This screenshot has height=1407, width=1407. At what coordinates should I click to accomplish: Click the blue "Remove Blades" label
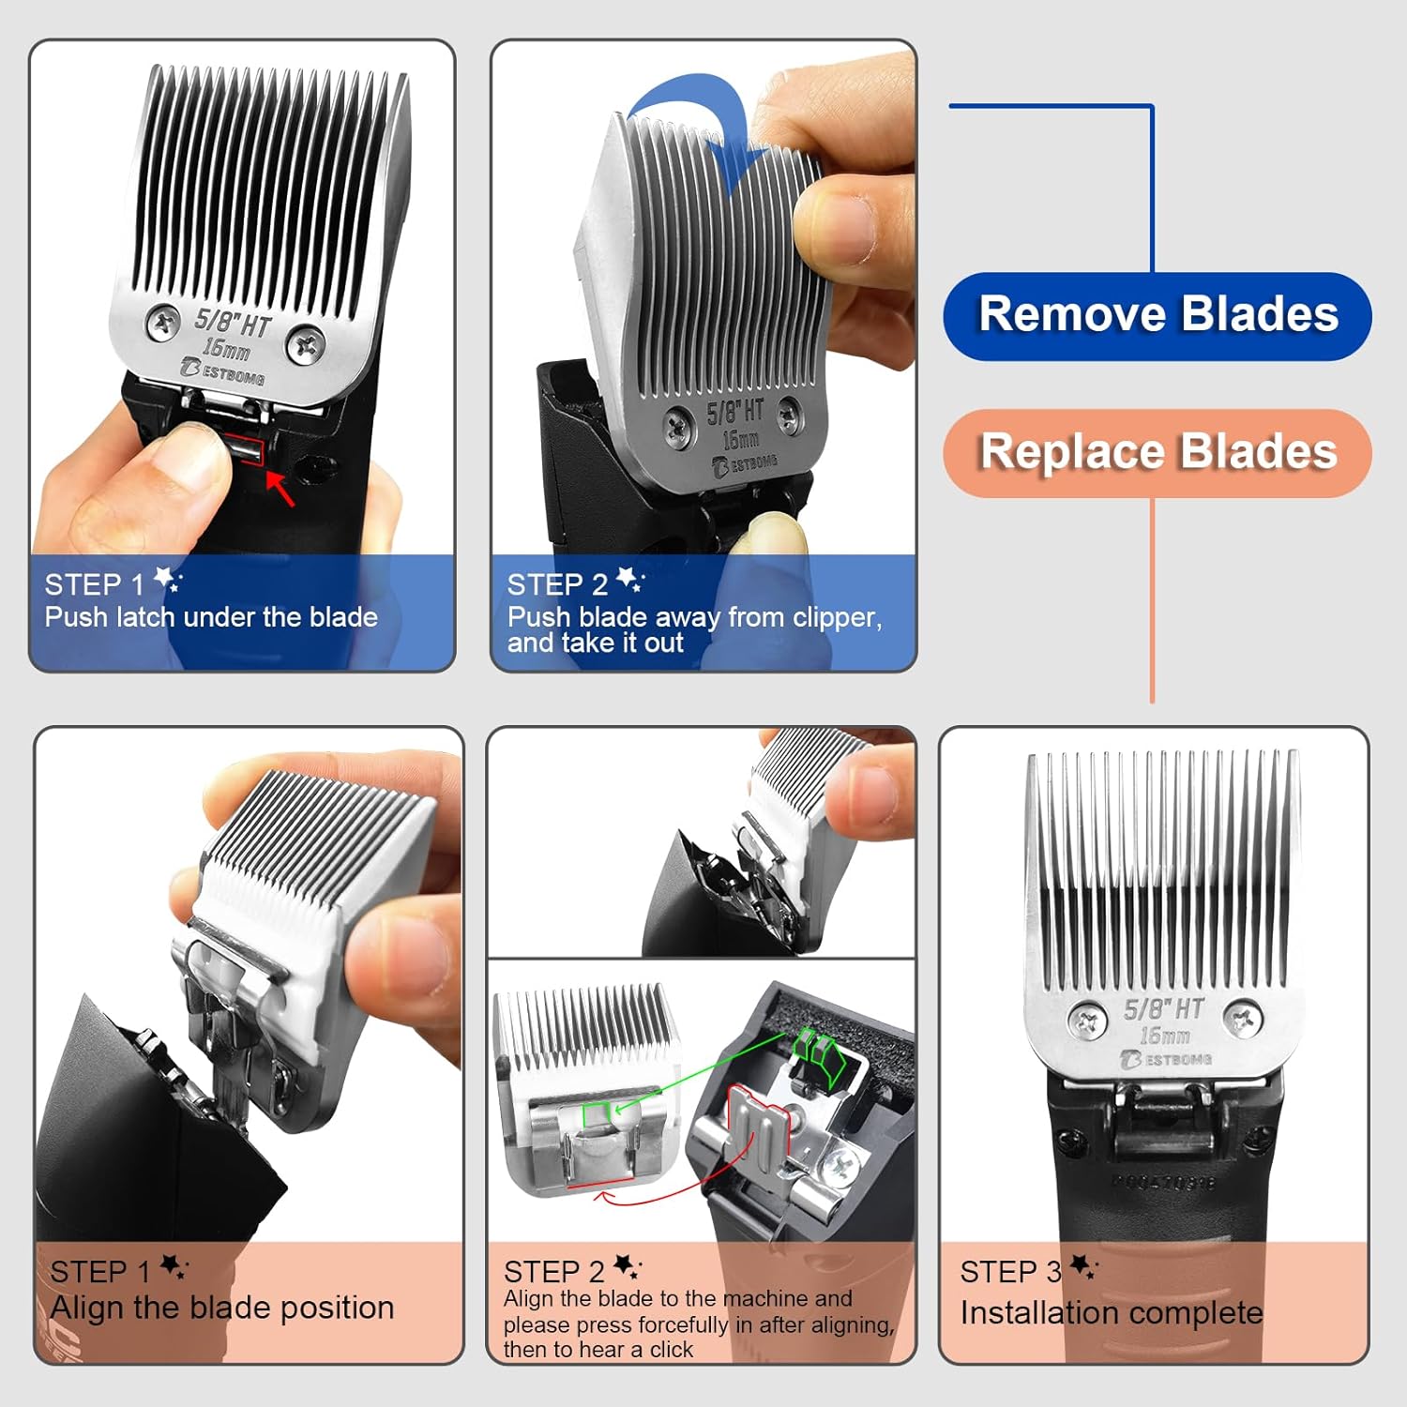point(1157,315)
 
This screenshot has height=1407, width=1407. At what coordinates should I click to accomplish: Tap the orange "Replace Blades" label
point(1157,452)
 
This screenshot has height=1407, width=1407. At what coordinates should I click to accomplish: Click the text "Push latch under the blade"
point(211,617)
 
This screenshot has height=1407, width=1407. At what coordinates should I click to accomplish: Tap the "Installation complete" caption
point(1111,1313)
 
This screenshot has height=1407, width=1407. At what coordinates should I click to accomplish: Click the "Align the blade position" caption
point(222,1308)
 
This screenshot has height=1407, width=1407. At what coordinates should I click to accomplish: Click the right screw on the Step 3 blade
point(1244,1020)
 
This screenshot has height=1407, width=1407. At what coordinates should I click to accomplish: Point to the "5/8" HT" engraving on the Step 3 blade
point(1163,1009)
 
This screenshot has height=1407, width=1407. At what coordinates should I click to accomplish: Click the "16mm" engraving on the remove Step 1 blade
point(226,349)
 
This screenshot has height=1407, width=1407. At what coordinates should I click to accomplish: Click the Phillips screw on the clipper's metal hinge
point(837,1167)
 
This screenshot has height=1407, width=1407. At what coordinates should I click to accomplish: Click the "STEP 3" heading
point(1010,1272)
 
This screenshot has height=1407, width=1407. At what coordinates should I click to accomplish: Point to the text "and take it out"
point(595,643)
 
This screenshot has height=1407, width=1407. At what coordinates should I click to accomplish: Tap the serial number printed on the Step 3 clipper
point(1163,1182)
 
